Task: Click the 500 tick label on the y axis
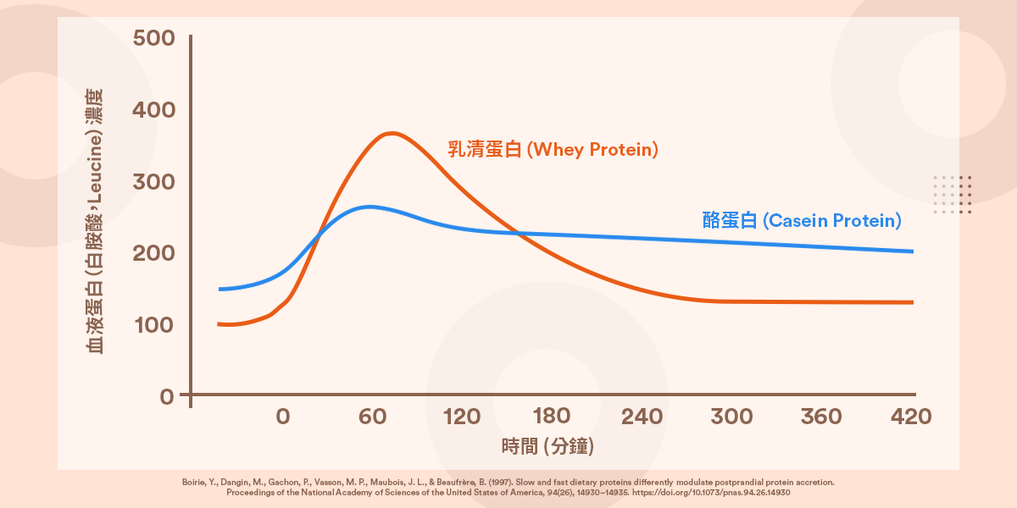pos(154,39)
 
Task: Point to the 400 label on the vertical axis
pos(154,111)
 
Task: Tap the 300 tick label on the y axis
pos(154,182)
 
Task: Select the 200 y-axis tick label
pos(154,253)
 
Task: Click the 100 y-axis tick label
pos(154,325)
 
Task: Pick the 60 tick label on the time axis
pos(372,417)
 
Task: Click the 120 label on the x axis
pos(462,417)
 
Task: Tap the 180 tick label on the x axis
pos(552,417)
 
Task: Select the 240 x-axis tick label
pos(642,417)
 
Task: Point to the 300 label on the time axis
pos(731,417)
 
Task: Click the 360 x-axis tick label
pos(821,417)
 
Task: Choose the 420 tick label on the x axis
pos(911,417)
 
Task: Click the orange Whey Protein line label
pos(553,150)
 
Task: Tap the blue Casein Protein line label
pos(802,220)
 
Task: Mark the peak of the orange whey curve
pos(392,133)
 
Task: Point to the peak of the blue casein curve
pos(370,206)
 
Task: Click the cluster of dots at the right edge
pos(952,195)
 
